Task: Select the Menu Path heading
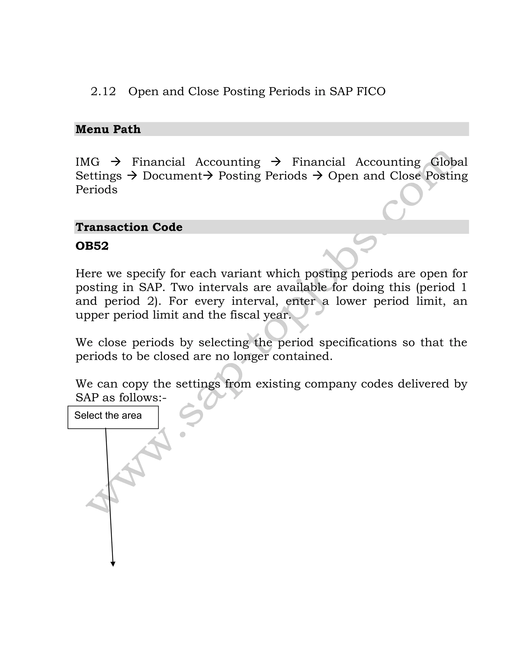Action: pyautogui.click(x=108, y=129)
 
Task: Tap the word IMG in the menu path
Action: pyautogui.click(x=87, y=162)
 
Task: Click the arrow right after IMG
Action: pyautogui.click(x=116, y=162)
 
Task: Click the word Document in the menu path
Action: pyautogui.click(x=172, y=176)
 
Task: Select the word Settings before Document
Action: pyautogui.click(x=98, y=176)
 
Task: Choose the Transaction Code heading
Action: pyautogui.click(x=129, y=227)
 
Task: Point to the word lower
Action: pyautogui.click(x=351, y=301)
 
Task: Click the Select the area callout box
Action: pyautogui.click(x=113, y=417)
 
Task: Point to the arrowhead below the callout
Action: pyautogui.click(x=113, y=564)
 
